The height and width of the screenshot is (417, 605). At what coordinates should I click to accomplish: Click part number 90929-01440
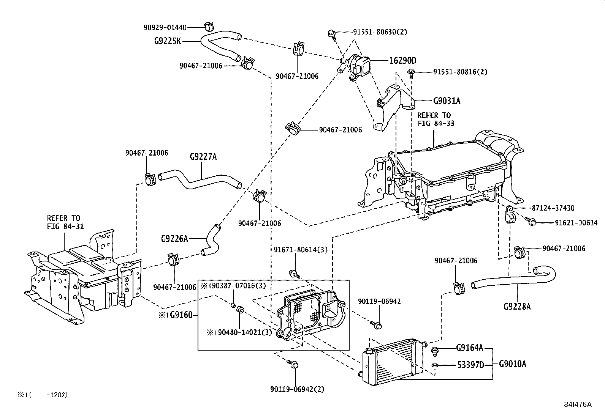pyautogui.click(x=165, y=27)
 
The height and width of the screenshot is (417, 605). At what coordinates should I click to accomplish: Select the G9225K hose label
pyautogui.click(x=168, y=41)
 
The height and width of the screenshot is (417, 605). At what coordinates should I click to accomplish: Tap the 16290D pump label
pyautogui.click(x=402, y=60)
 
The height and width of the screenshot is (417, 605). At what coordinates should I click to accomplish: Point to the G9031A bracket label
pyautogui.click(x=447, y=101)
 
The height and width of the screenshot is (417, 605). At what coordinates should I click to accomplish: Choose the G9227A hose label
pyautogui.click(x=203, y=156)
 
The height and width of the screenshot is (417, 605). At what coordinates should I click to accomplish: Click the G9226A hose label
pyautogui.click(x=174, y=239)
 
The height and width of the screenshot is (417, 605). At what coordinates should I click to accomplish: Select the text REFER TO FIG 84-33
pyautogui.click(x=436, y=119)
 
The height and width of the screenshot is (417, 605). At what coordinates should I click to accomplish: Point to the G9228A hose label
pyautogui.click(x=517, y=306)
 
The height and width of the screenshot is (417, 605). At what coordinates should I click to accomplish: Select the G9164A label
pyautogui.click(x=470, y=348)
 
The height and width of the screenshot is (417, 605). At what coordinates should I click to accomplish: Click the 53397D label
pyautogui.click(x=470, y=365)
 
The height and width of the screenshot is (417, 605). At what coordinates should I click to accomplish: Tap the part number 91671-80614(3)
pyautogui.click(x=300, y=250)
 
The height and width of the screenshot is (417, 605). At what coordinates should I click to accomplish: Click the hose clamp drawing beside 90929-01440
pyautogui.click(x=208, y=27)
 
